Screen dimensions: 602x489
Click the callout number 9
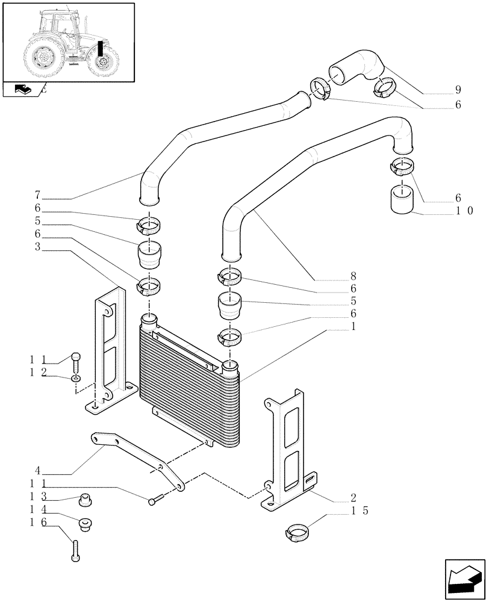[x=458, y=92]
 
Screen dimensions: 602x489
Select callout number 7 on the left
[x=37, y=195]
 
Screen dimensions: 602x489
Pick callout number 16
[x=36, y=524]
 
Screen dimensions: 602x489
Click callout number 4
[x=37, y=470]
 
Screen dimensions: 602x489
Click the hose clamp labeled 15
[x=296, y=532]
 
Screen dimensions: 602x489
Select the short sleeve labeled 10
[x=402, y=199]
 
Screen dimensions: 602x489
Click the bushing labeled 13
[x=85, y=499]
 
